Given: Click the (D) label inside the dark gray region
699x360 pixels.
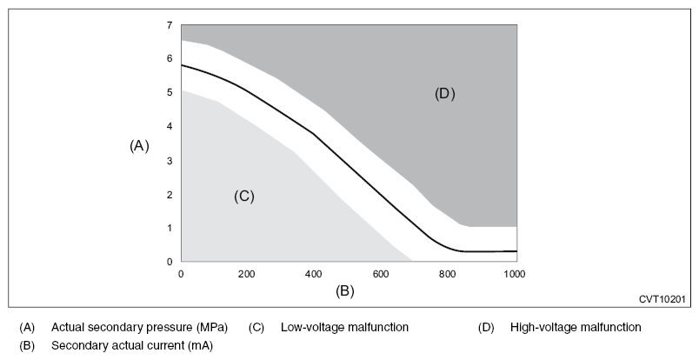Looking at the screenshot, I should pyautogui.click(x=445, y=94).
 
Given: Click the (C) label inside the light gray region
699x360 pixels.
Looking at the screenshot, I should pyautogui.click(x=243, y=197).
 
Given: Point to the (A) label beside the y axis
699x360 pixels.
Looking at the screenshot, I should pyautogui.click(x=139, y=146).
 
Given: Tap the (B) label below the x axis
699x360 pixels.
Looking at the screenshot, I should pyautogui.click(x=345, y=290).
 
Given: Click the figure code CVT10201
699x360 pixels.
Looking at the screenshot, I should pyautogui.click(x=662, y=299).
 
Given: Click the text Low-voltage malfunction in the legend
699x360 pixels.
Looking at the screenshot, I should pyautogui.click(x=344, y=328).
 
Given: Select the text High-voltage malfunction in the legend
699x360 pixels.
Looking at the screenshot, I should pyautogui.click(x=576, y=328).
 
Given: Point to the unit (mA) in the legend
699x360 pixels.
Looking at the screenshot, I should pyautogui.click(x=197, y=345).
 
